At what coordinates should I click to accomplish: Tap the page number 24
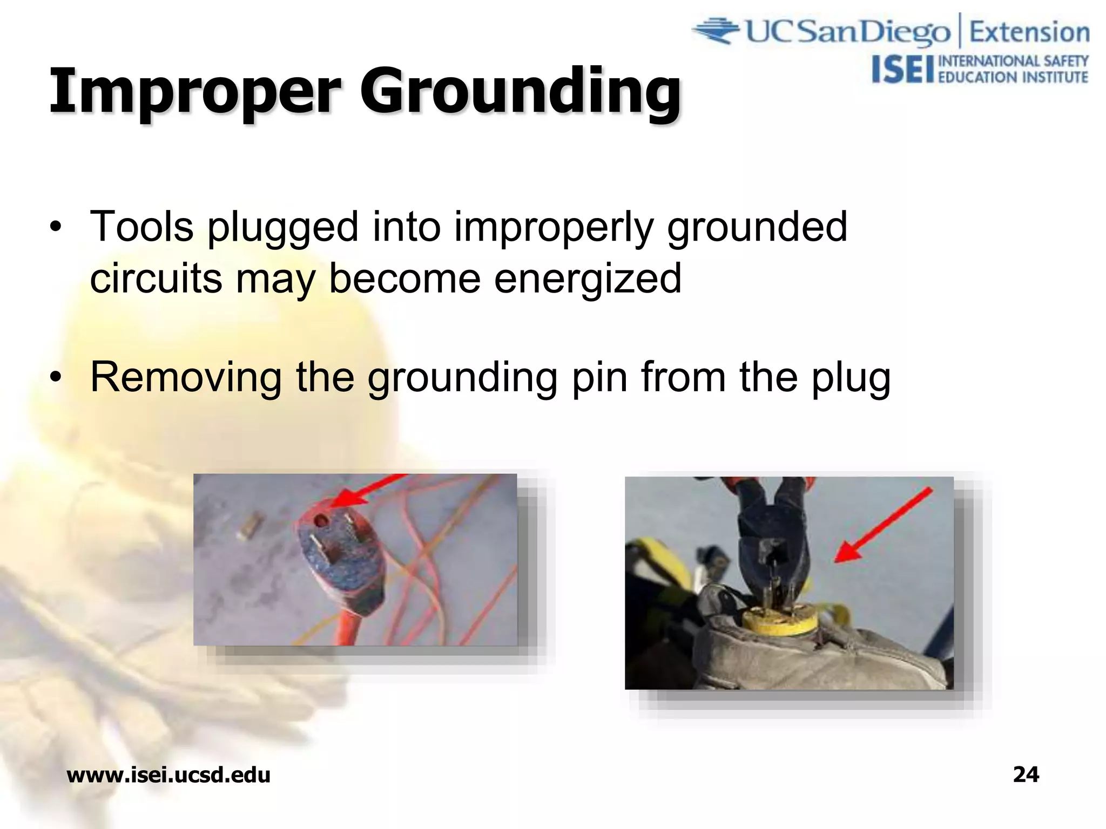(x=1026, y=774)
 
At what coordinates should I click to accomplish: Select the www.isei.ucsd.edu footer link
(x=168, y=775)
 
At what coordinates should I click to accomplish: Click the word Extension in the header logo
(x=1029, y=32)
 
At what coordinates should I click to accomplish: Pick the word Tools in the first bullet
(x=141, y=227)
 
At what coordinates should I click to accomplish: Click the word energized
(x=588, y=278)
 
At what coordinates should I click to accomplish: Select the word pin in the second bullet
(x=600, y=378)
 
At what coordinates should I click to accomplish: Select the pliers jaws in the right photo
(x=775, y=567)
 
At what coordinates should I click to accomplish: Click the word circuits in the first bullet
(x=157, y=278)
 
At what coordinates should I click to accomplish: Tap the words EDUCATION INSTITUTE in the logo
(x=1013, y=77)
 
